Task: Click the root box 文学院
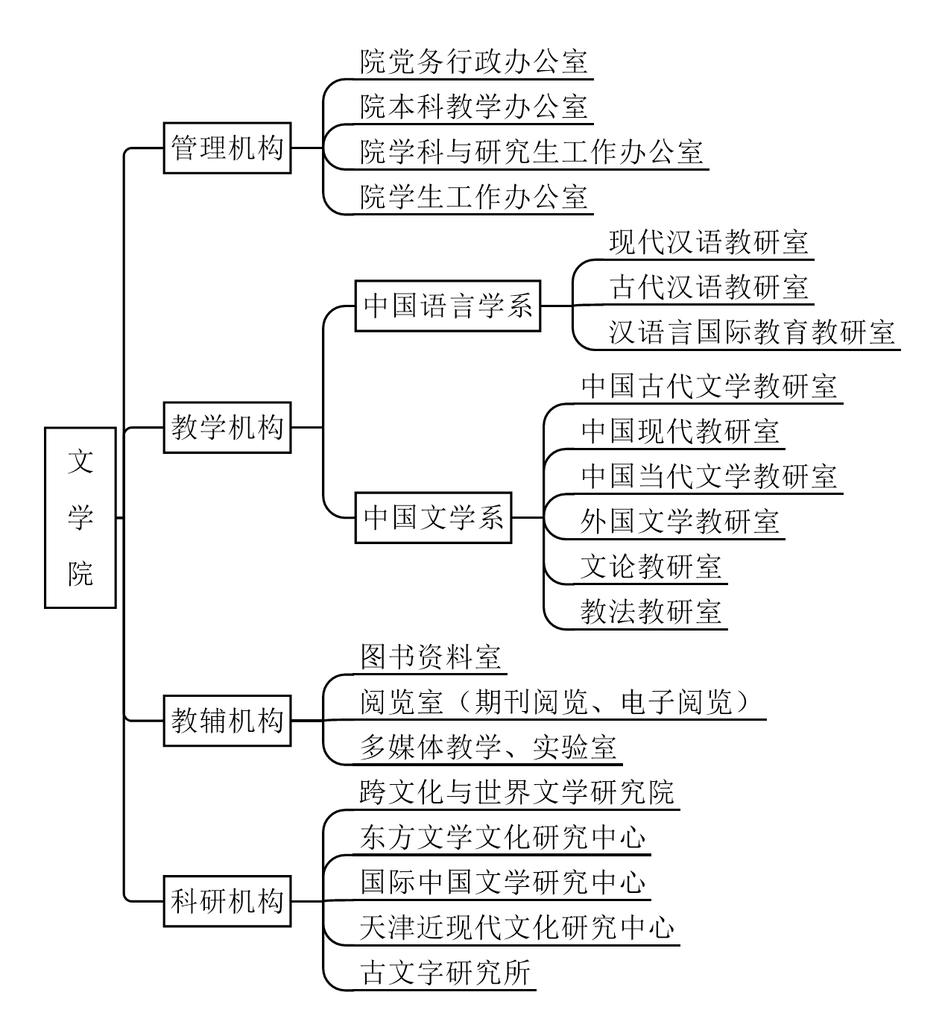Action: pyautogui.click(x=80, y=517)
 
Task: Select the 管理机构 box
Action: pyautogui.click(x=227, y=148)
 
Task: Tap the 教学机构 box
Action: pyautogui.click(x=227, y=428)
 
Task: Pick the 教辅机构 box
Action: pyautogui.click(x=227, y=721)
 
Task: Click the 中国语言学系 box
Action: pyautogui.click(x=448, y=306)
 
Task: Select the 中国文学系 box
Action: pyautogui.click(x=434, y=517)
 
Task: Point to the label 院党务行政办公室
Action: pyautogui.click(x=474, y=62)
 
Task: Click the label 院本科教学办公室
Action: pyautogui.click(x=474, y=107)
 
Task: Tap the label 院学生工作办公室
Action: pyautogui.click(x=474, y=198)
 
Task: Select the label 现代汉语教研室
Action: pyautogui.click(x=708, y=243)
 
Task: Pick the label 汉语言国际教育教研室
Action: pyautogui.click(x=751, y=332)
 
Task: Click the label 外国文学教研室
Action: pyautogui.click(x=680, y=522)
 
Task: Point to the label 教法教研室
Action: pyautogui.click(x=651, y=612)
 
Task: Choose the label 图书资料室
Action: pyautogui.click(x=431, y=657)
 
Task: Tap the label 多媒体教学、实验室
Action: pyautogui.click(x=488, y=748)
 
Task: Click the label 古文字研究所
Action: pyautogui.click(x=445, y=973)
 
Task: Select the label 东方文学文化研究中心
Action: pyautogui.click(x=502, y=838)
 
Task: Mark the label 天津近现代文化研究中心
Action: pyautogui.click(x=516, y=929)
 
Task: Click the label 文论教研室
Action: pyautogui.click(x=651, y=567)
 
